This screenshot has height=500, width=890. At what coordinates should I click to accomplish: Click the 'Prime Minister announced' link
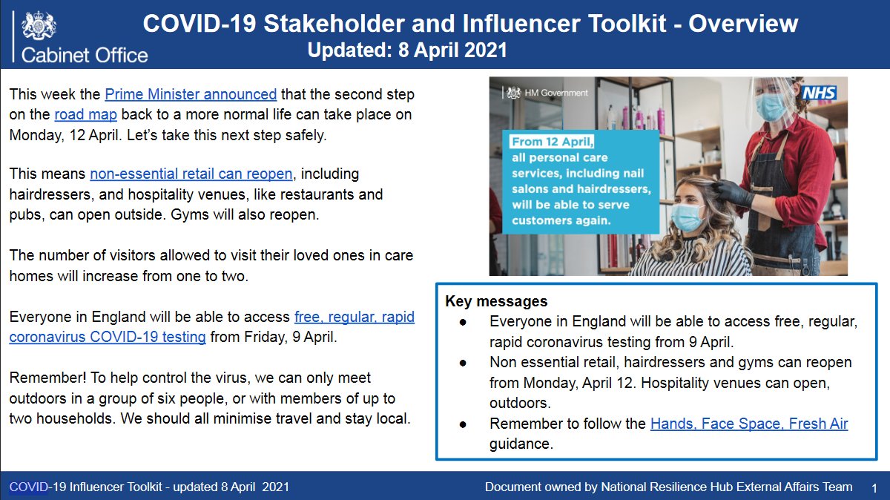[191, 94]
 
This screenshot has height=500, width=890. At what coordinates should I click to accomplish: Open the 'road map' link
[85, 115]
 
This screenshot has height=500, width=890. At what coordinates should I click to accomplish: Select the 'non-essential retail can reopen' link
[191, 174]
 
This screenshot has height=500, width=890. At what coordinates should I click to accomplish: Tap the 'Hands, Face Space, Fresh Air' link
[749, 424]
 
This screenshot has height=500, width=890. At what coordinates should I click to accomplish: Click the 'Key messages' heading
[496, 301]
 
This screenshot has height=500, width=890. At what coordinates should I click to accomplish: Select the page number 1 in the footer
[874, 487]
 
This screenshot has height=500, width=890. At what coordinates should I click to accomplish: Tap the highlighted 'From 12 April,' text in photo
[553, 141]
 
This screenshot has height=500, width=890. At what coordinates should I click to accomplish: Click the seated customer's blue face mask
[688, 217]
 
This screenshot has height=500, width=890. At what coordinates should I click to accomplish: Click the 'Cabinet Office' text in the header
[85, 55]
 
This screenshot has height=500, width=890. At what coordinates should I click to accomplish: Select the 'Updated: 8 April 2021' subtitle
[407, 51]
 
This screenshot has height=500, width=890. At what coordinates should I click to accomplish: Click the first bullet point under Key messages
[464, 323]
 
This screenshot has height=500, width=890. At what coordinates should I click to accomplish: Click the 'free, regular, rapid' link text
[354, 317]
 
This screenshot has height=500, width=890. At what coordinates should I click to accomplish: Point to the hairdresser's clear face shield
[771, 100]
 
